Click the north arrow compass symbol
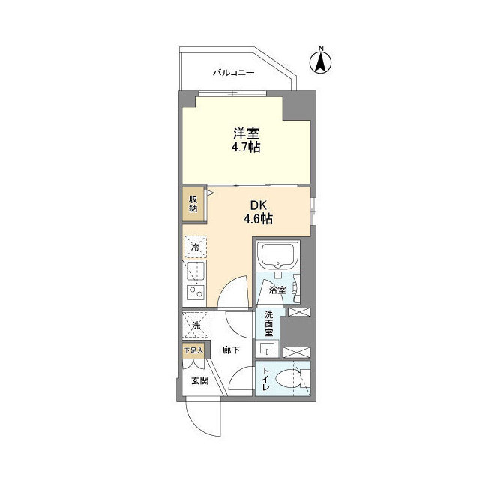[321, 61]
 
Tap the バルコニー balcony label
[234, 73]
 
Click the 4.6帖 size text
[257, 220]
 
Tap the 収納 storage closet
[193, 203]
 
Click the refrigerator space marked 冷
[196, 247]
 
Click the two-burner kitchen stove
[195, 290]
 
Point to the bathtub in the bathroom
[278, 257]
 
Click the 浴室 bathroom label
[277, 289]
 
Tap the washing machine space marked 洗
[196, 325]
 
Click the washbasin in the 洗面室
[268, 348]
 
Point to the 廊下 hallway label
[231, 349]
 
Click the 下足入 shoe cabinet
[193, 349]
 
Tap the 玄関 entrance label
[199, 381]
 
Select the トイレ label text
[265, 382]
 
